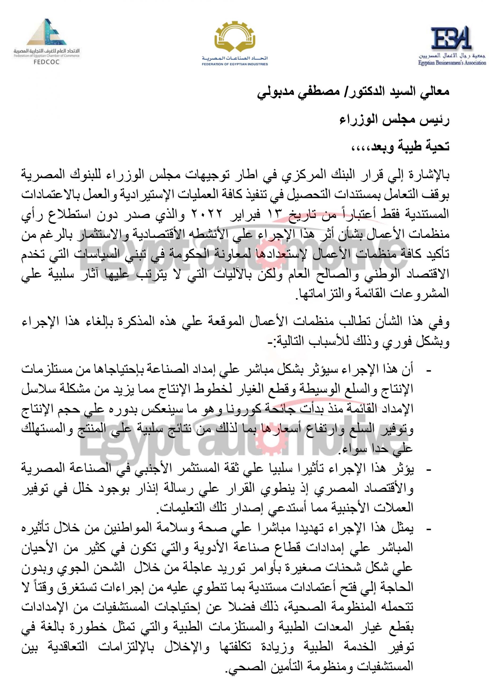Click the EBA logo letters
(449, 38)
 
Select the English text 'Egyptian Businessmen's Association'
(452, 63)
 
